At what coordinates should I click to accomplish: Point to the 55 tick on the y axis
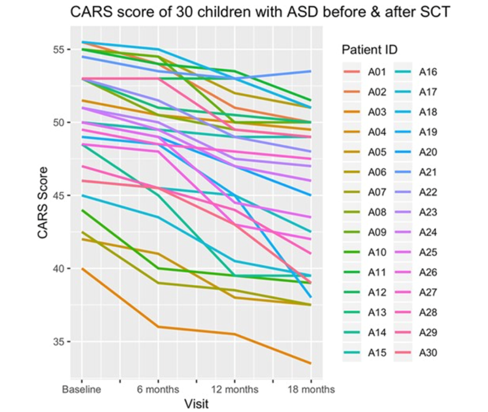56,50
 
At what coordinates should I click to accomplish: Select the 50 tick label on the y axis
56,122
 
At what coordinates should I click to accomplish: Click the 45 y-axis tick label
56,196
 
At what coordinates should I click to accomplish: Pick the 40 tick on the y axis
56,268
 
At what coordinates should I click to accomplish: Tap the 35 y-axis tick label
56,342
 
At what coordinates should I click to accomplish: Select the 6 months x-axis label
157,389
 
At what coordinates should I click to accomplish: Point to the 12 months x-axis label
234,389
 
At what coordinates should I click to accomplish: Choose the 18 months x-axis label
310,389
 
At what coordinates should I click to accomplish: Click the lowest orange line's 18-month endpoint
311,363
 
